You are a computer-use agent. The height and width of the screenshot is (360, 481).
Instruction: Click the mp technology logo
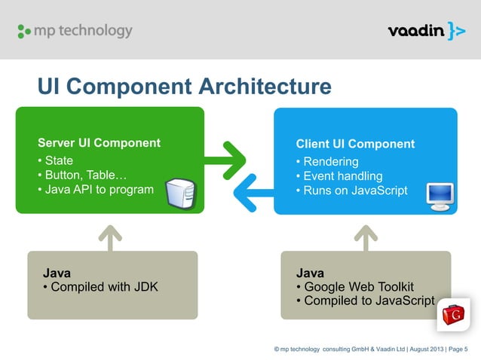tap(74, 31)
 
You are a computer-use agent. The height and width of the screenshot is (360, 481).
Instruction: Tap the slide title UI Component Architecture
tap(185, 87)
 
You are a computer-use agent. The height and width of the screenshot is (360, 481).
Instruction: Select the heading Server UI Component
tap(99, 142)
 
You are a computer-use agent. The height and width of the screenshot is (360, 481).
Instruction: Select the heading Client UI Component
tap(355, 144)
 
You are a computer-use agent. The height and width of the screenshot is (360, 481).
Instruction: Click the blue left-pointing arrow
tap(253, 188)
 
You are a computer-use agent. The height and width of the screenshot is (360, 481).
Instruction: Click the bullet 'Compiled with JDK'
tap(100, 286)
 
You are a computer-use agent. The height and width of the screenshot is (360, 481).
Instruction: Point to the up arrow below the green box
tap(110, 237)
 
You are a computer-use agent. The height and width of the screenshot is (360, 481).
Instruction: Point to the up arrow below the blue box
tap(366, 237)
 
